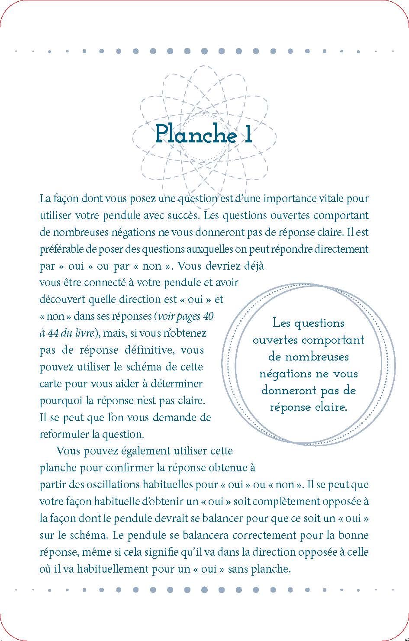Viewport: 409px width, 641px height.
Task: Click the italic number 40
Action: click(x=208, y=316)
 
